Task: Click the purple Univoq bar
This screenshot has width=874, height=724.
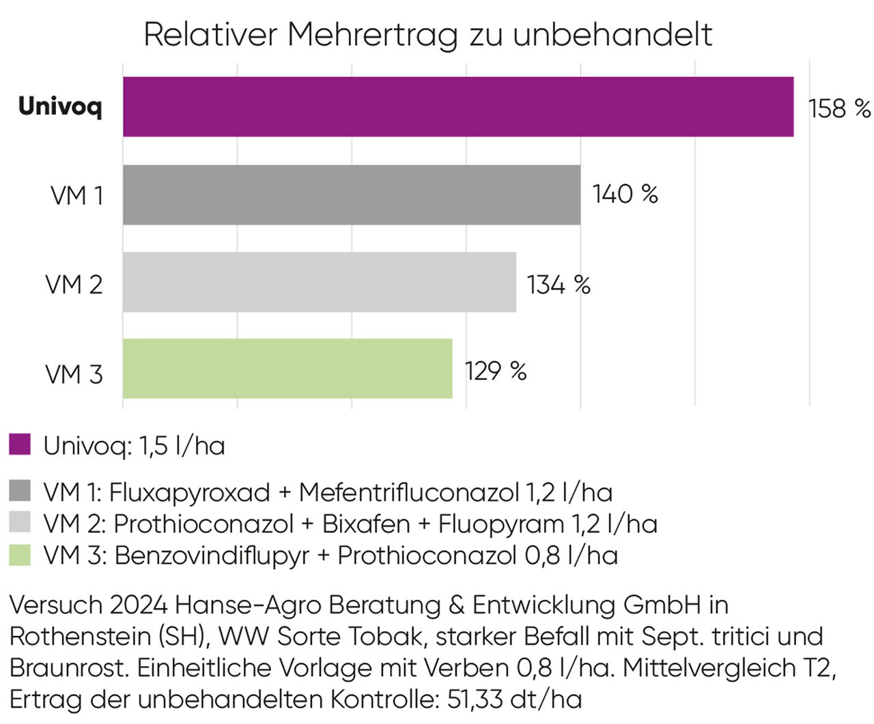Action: [458, 106]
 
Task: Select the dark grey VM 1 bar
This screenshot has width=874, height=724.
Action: [352, 195]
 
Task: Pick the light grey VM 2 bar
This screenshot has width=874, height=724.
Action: [320, 282]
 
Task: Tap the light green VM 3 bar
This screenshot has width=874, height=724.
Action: [287, 368]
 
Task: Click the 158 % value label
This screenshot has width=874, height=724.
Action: [839, 108]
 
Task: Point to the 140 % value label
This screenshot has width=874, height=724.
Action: [625, 194]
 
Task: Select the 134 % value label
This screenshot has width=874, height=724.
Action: [559, 285]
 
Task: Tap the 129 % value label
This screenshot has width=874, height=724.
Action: [496, 371]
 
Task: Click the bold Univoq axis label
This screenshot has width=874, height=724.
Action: [60, 107]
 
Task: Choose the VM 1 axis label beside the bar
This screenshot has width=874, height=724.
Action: [77, 195]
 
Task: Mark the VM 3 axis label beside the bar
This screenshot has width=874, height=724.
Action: [74, 374]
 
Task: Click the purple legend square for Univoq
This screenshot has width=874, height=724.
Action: [20, 444]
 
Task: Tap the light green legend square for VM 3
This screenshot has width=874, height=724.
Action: [20, 555]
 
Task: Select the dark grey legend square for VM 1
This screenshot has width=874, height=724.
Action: [20, 491]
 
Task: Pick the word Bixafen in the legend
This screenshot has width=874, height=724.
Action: [366, 523]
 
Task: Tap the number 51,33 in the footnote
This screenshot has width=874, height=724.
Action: [475, 699]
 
